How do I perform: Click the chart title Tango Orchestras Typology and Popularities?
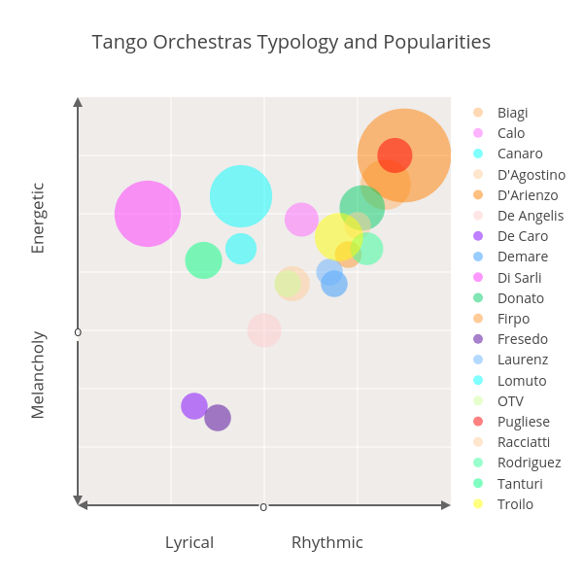pos(291,42)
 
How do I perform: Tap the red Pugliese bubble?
pos(394,154)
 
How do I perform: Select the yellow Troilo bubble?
pos(337,235)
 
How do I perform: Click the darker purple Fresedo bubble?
pos(218,418)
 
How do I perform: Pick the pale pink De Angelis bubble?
pos(264,330)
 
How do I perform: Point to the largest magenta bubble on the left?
pos(148,214)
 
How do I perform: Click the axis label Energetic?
pos(38,218)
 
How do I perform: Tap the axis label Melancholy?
pos(38,374)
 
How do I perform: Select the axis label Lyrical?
pos(189,542)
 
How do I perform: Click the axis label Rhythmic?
pos(327,542)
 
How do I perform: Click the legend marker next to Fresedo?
pos(478,339)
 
